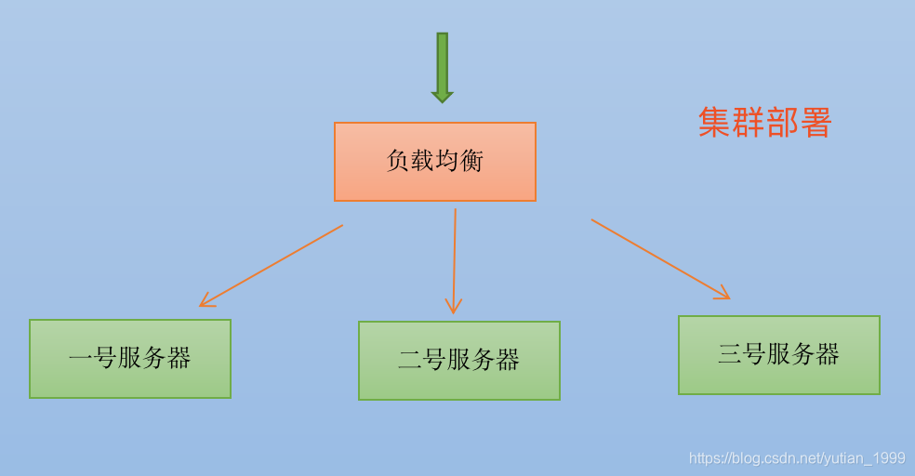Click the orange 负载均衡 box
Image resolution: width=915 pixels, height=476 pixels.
[x=435, y=162]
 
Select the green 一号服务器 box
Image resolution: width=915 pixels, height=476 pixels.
[x=130, y=359]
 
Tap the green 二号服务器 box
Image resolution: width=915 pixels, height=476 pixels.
[x=459, y=361]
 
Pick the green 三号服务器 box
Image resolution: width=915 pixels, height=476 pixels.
[x=779, y=355]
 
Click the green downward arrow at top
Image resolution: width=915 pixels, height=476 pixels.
[x=443, y=65]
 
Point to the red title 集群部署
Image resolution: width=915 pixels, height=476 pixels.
[x=764, y=123]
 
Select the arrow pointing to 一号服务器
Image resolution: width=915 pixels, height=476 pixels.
[x=271, y=266]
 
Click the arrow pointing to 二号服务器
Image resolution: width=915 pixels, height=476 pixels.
[x=455, y=261]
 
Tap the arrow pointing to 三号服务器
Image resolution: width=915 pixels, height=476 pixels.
[x=660, y=259]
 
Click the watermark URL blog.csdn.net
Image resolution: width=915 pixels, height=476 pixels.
[x=797, y=458]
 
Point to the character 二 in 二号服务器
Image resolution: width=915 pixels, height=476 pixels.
[x=410, y=361]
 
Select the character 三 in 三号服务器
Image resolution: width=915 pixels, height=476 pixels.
[x=730, y=355]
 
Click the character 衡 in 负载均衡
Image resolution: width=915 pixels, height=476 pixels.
[x=472, y=162]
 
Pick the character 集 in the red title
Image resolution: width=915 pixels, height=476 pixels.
[x=714, y=123]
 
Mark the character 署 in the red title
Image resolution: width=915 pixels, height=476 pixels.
[x=815, y=123]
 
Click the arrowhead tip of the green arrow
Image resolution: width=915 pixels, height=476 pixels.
[x=443, y=99]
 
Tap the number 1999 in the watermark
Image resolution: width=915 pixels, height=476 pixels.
[x=890, y=458]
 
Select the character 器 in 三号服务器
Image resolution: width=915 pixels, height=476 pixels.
[x=828, y=355]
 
